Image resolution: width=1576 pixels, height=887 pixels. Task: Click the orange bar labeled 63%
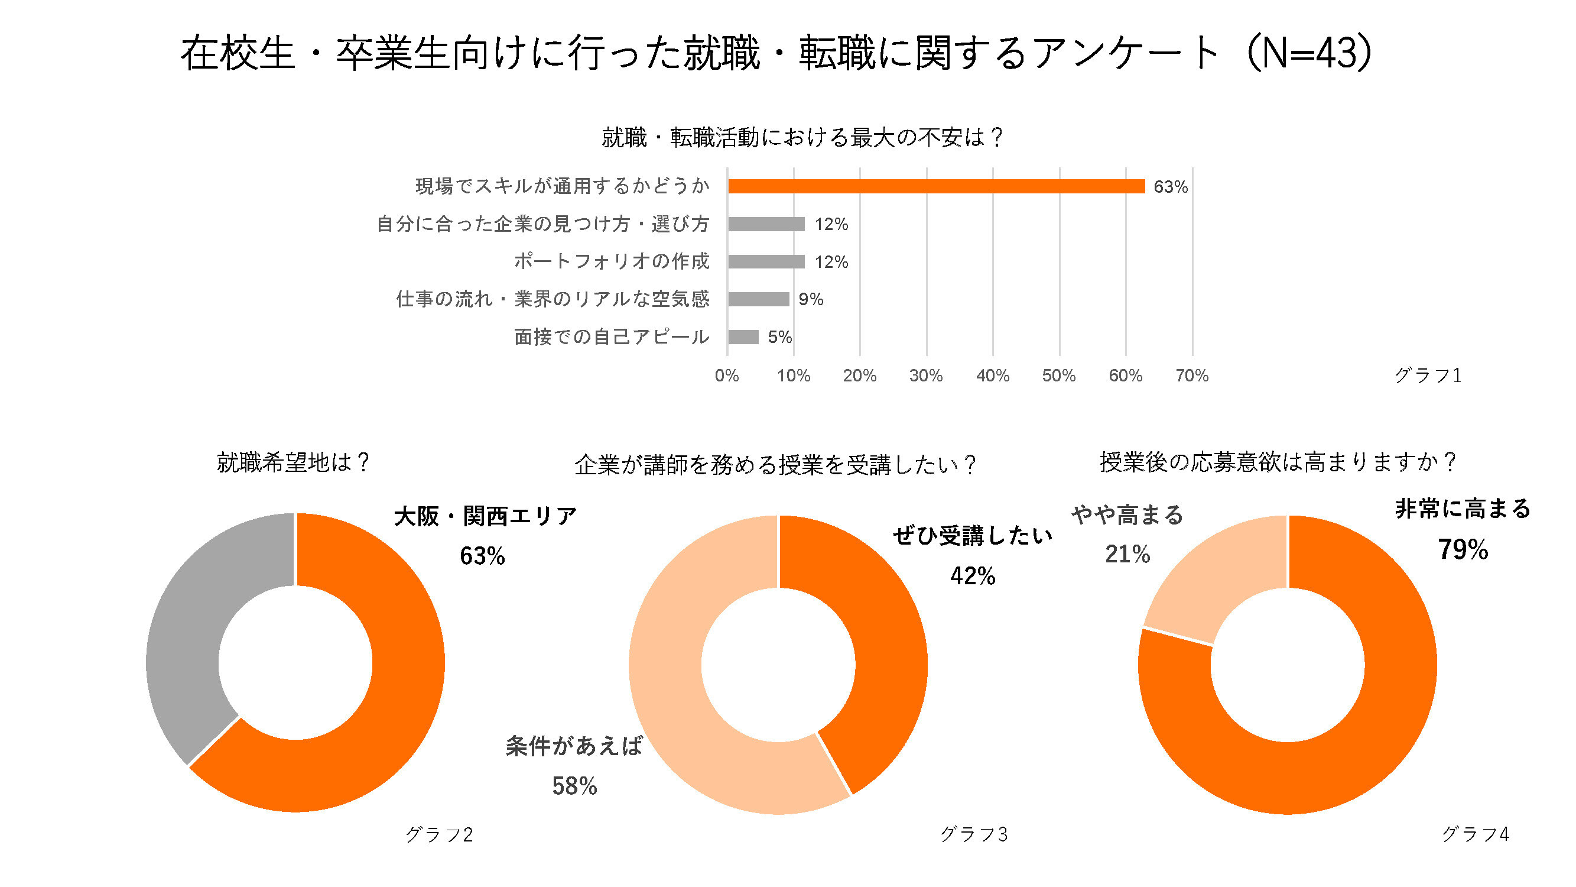[x=936, y=186]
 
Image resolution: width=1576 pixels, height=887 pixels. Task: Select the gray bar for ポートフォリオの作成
[x=766, y=261]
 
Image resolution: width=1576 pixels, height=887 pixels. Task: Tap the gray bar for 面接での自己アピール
[x=743, y=336]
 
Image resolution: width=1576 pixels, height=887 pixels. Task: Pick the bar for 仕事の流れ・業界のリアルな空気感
[x=759, y=299]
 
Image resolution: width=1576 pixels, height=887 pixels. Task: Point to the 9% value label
[x=811, y=299]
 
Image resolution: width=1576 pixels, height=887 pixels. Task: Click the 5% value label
[x=780, y=337]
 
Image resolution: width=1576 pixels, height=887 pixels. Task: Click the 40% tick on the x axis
[x=992, y=375]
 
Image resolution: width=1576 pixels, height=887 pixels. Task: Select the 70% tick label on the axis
[x=1192, y=375]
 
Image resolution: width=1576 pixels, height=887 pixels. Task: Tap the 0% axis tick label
[x=727, y=375]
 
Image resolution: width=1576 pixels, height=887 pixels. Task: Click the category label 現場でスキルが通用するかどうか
[x=562, y=186]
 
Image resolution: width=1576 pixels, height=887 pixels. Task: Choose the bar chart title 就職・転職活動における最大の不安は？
[x=802, y=137]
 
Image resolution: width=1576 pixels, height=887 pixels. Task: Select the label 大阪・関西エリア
[x=485, y=516]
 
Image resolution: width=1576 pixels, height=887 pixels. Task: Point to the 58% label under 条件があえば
[x=574, y=786]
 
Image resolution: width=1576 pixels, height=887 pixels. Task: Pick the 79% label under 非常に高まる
[x=1463, y=550]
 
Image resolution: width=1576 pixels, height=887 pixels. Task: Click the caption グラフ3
[x=973, y=834]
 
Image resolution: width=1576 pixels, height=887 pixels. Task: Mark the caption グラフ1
[x=1428, y=375]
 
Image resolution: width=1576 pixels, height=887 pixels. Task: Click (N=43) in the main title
[x=1309, y=53]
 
